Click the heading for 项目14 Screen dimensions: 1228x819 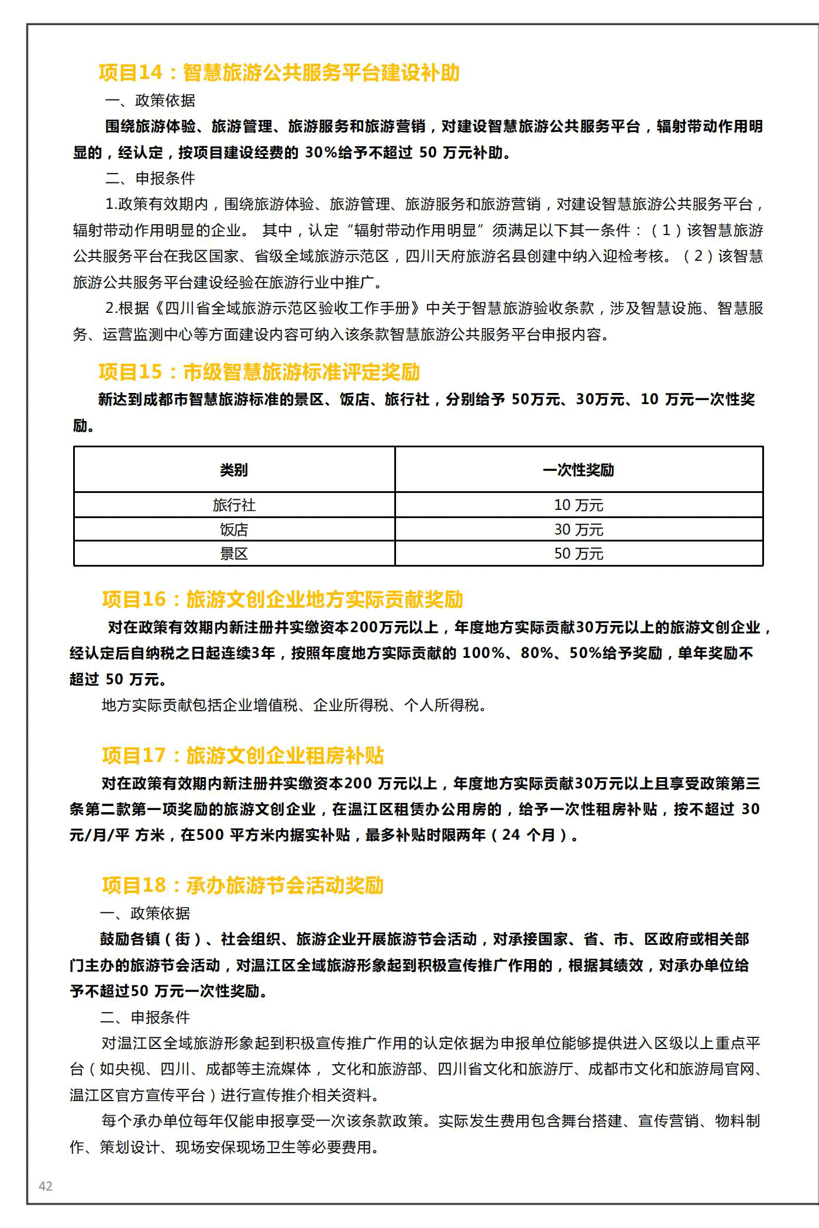point(279,73)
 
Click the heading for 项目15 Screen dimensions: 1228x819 point(259,372)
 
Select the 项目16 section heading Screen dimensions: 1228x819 point(283,599)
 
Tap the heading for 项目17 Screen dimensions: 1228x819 point(243,756)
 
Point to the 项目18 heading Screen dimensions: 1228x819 point(243,885)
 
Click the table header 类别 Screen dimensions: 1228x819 point(234,470)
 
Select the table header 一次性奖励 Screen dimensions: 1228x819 point(578,470)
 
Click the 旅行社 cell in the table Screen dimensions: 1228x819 point(234,505)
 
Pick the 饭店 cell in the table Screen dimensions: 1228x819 point(234,530)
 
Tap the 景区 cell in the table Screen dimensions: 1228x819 point(234,554)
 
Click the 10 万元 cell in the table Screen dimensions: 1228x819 point(578,505)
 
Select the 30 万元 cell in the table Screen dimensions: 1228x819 point(578,530)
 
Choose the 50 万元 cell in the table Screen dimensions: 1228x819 point(578,554)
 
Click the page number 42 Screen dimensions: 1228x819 point(46,1186)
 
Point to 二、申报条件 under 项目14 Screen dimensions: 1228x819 point(150,178)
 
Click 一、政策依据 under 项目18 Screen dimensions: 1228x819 point(145,913)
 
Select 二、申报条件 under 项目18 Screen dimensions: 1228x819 point(145,1017)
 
